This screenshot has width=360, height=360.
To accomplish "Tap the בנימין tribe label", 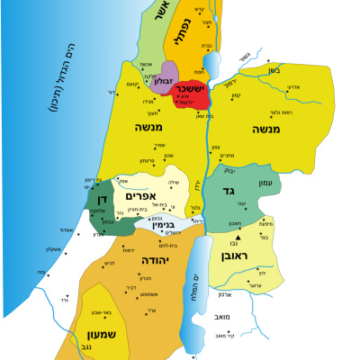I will [x=157, y=220].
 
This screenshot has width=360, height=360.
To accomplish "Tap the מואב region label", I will [x=222, y=317].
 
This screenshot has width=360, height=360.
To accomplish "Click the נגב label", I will [x=107, y=346].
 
